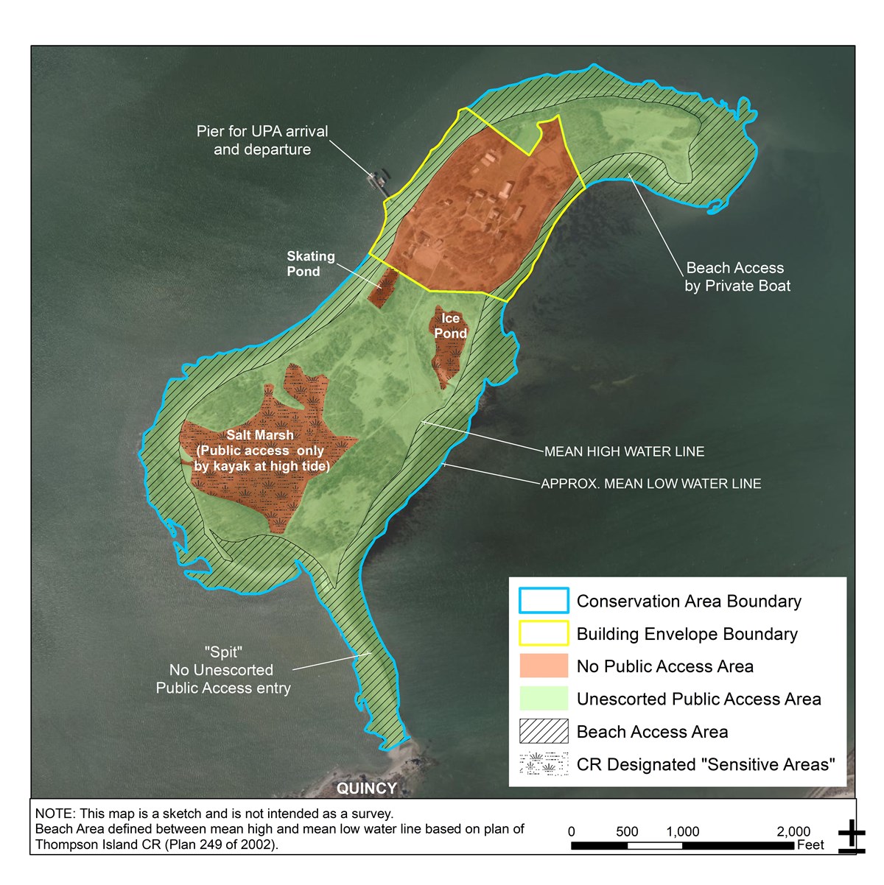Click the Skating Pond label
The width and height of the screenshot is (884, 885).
[x=310, y=264]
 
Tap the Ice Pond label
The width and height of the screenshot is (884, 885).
[x=450, y=326]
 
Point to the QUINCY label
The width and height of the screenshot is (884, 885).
[x=366, y=789]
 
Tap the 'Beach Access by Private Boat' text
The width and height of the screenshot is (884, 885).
[x=737, y=277]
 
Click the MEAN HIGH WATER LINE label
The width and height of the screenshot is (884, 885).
[x=624, y=451]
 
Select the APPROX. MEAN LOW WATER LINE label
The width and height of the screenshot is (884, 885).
[x=650, y=484]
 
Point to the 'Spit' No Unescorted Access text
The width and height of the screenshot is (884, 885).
[x=223, y=670]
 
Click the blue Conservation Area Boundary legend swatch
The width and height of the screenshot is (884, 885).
[x=544, y=601]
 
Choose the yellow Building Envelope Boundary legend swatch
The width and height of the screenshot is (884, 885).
[x=544, y=633]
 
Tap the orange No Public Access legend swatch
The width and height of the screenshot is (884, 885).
[x=544, y=666]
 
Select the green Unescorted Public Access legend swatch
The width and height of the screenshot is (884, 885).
[x=544, y=698]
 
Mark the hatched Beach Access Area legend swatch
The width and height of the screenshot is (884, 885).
[x=544, y=731]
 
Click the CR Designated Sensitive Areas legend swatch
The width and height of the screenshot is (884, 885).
[x=544, y=764]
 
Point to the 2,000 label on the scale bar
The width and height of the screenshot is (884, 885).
[x=793, y=831]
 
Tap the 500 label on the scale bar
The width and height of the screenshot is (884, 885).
[x=627, y=831]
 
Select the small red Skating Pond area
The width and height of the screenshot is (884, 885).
[x=382, y=288]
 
